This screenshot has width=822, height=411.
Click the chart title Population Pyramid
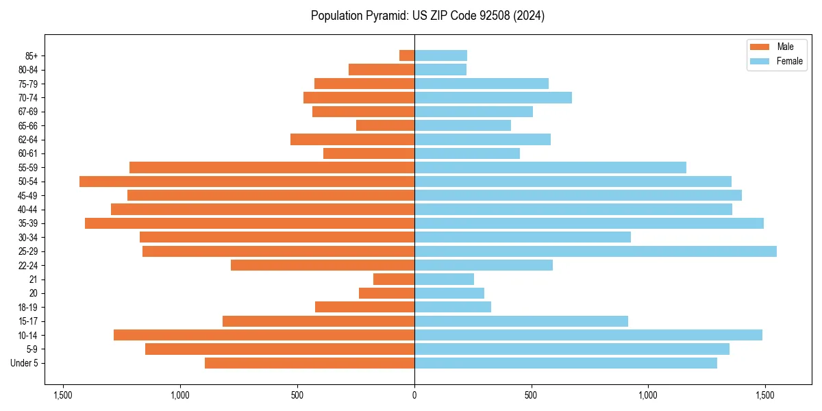click(x=427, y=16)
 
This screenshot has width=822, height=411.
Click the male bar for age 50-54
click(x=247, y=182)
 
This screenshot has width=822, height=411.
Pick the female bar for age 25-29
click(x=595, y=251)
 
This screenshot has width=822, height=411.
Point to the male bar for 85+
click(x=407, y=55)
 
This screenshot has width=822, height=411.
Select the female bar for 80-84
click(x=440, y=70)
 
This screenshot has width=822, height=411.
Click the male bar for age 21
click(x=394, y=279)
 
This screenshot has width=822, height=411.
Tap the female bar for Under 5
click(x=565, y=363)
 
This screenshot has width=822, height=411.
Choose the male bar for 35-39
click(x=249, y=223)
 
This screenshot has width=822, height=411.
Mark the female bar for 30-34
click(x=522, y=237)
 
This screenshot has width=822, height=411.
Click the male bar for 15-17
click(x=319, y=321)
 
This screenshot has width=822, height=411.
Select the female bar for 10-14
click(x=588, y=335)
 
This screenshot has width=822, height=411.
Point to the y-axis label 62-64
click(x=28, y=140)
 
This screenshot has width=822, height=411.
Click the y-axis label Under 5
click(x=25, y=363)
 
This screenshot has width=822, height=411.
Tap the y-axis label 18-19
click(x=28, y=308)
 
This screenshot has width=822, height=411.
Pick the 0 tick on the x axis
click(x=414, y=395)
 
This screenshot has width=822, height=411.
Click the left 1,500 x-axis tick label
click(x=63, y=395)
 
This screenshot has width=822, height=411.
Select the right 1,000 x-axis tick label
click(x=648, y=395)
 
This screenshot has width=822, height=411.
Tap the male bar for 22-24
click(x=323, y=265)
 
